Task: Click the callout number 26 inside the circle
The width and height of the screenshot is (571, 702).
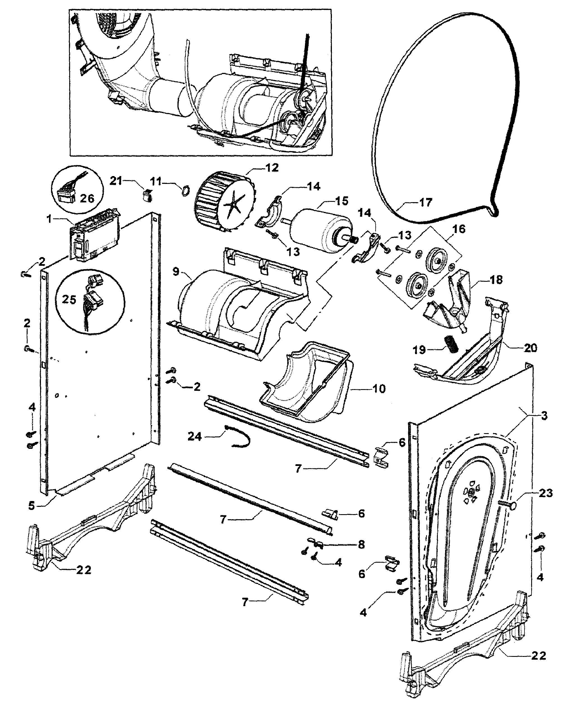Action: point(87,198)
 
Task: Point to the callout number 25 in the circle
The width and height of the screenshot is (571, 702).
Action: point(69,299)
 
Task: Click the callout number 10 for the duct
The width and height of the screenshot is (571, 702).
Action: point(379,389)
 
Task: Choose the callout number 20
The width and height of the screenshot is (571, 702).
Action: point(530,348)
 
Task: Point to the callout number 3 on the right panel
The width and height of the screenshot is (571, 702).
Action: point(544,415)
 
